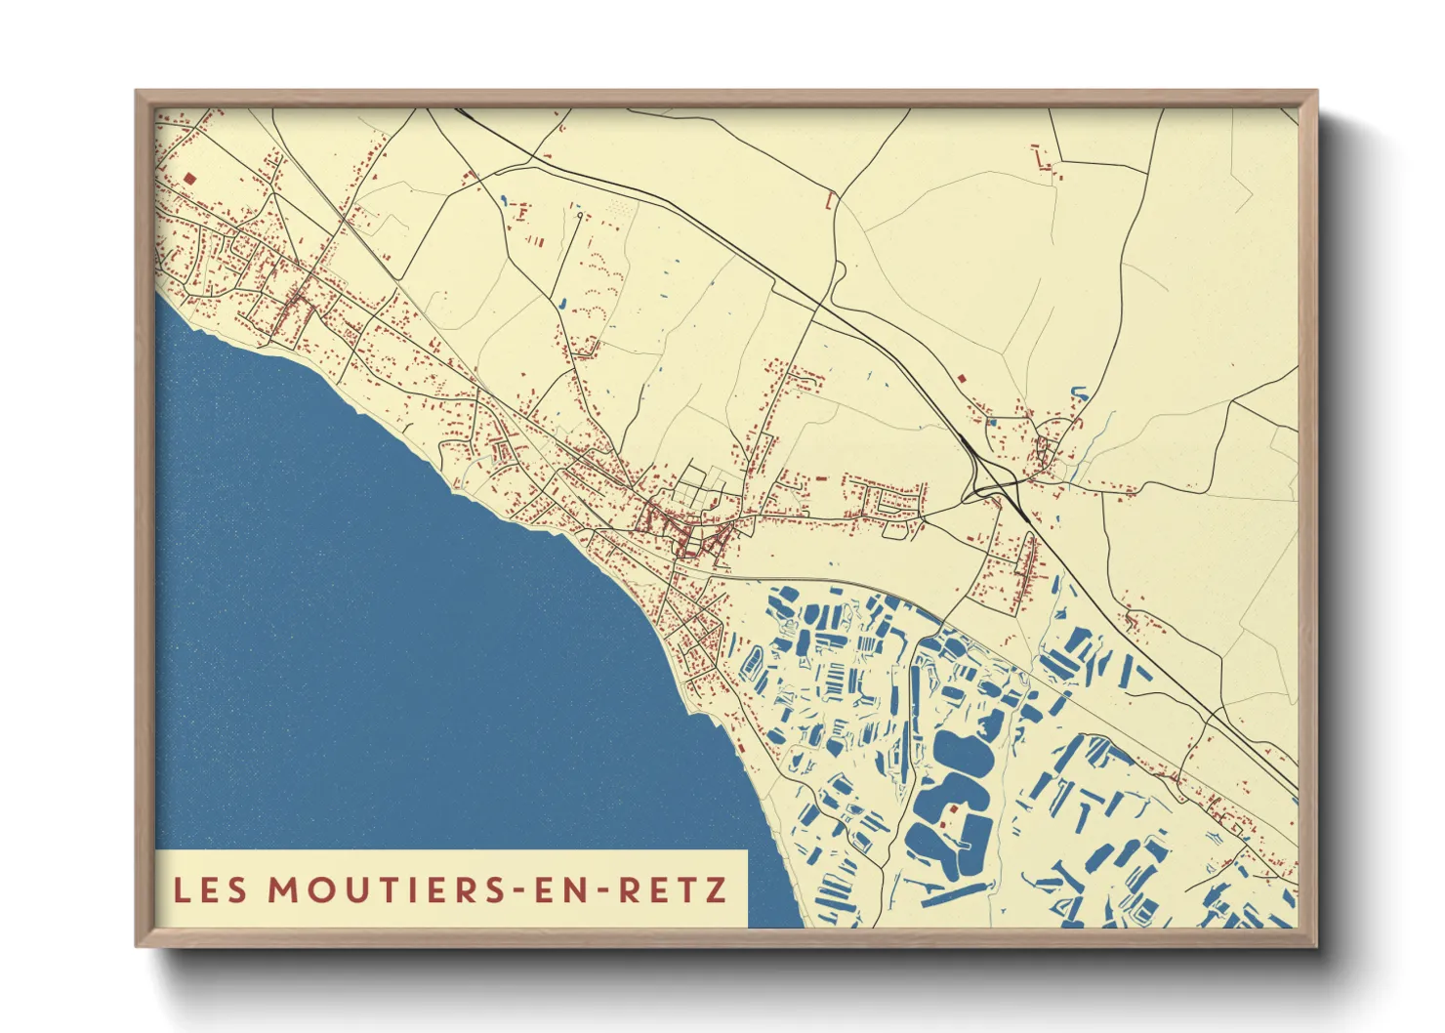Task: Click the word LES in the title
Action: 210,889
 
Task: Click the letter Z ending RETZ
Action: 717,889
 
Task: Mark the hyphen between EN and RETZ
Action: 604,890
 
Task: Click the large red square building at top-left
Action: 189,179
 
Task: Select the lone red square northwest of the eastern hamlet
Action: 961,378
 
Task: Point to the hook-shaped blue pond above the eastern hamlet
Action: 1079,393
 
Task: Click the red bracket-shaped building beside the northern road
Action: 830,201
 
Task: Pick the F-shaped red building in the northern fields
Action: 522,211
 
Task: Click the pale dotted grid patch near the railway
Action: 617,208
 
